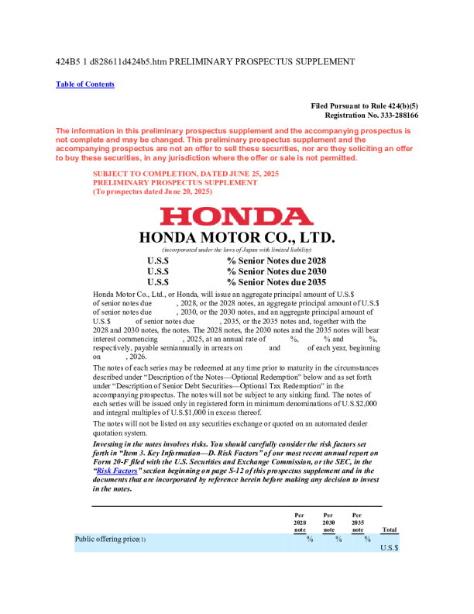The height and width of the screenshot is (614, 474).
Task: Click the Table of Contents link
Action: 85,85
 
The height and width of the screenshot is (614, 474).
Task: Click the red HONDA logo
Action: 236,216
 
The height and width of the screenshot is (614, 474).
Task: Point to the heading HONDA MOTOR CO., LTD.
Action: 236,237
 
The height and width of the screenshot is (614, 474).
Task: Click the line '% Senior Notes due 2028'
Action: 276,261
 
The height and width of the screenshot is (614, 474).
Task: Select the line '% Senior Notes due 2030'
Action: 276,272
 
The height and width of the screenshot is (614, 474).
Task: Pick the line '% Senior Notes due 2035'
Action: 276,283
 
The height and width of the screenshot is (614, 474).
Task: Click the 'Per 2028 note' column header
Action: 300,523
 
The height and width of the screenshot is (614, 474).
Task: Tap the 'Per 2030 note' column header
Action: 328,523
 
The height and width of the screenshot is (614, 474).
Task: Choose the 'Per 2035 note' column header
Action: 357,523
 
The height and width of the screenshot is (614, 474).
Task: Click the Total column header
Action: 390,530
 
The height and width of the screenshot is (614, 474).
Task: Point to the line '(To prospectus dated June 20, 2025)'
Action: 152,191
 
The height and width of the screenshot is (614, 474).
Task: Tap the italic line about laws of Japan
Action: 236,250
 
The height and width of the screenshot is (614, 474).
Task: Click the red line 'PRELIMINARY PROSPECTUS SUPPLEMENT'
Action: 175,182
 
